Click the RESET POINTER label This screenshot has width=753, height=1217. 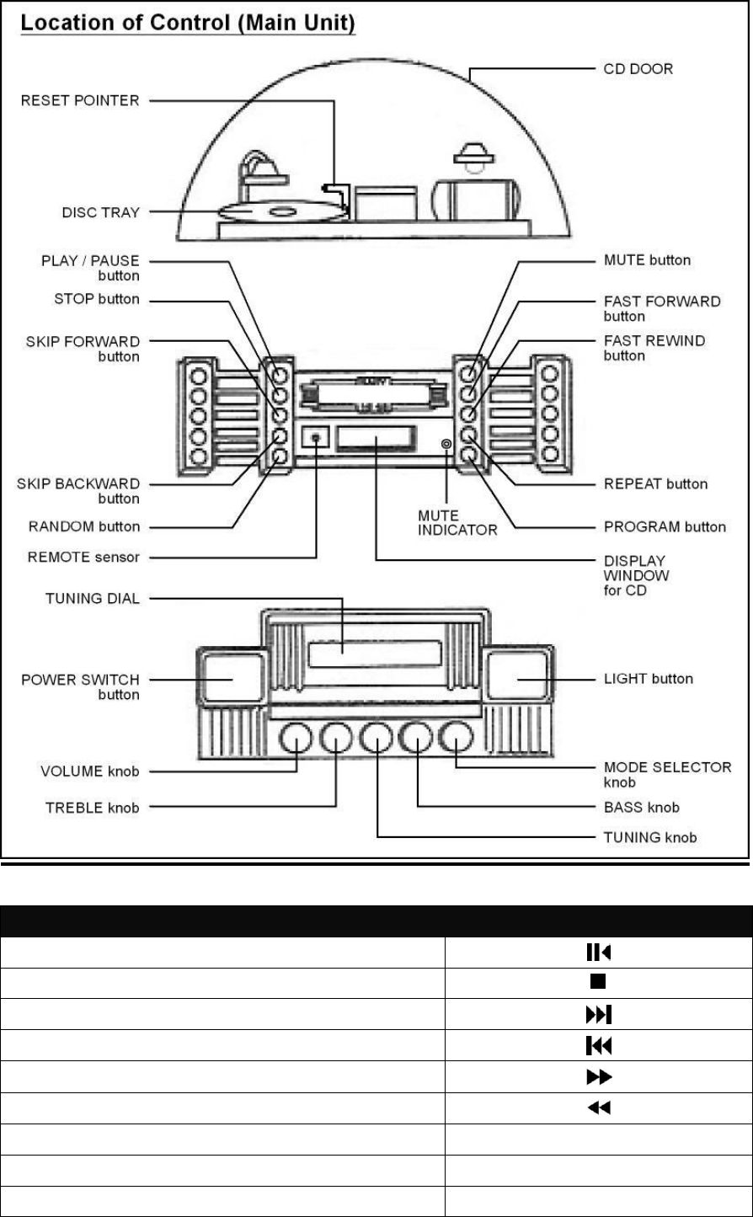81,102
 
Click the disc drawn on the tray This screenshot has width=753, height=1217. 282,212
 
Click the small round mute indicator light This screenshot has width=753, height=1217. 446,442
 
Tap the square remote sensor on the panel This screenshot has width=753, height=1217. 316,438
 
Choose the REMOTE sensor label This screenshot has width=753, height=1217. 80,556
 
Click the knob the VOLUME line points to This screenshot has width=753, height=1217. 296,739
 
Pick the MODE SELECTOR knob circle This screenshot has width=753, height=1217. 456,739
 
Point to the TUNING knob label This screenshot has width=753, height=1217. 650,837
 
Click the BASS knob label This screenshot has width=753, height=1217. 642,807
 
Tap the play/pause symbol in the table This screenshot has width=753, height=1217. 598,952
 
